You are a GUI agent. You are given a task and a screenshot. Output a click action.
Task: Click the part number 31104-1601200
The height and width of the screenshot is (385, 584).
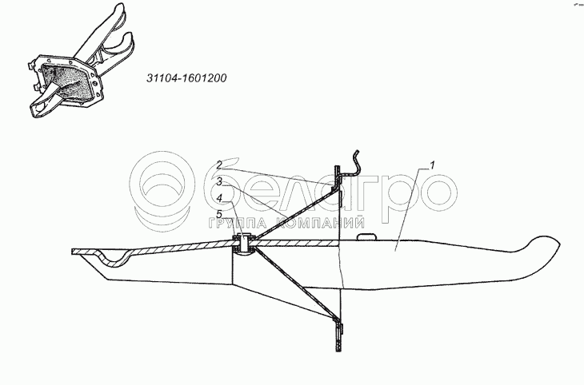(186, 79)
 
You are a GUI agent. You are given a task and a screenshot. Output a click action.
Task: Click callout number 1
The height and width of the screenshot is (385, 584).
(432, 166)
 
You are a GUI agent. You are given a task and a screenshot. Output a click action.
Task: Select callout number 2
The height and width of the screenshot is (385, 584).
(218, 165)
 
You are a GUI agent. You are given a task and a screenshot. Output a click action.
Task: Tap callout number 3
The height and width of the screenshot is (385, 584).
(218, 182)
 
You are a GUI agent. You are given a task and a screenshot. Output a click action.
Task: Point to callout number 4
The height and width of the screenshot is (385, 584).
(218, 198)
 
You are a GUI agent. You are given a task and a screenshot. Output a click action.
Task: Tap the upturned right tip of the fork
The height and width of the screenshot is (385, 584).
(544, 242)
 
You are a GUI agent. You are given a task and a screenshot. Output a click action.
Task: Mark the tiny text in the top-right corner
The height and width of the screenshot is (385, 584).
(574, 5)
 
